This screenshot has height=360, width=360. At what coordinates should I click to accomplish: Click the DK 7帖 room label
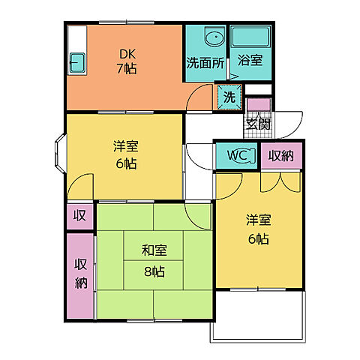[x=127, y=61]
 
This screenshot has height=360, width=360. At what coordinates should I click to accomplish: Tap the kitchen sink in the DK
[x=77, y=63]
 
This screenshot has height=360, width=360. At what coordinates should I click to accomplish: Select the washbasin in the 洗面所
[x=214, y=36]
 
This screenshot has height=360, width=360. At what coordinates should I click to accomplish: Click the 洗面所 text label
[x=205, y=63]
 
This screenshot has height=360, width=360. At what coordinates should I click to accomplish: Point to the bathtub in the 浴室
[x=250, y=37]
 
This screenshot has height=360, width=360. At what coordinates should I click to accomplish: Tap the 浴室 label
[x=250, y=60]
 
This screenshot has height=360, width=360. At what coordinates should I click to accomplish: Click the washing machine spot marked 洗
[x=229, y=97]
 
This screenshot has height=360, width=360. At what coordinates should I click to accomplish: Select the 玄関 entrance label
[x=258, y=124]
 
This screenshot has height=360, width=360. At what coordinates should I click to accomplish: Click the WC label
[x=237, y=155]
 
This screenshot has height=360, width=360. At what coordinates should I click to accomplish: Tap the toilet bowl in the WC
[x=246, y=155]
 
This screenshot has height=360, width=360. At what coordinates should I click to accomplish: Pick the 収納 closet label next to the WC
[x=281, y=156]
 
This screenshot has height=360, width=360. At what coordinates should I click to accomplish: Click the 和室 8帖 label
[x=154, y=261]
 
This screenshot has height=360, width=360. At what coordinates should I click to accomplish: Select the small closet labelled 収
[x=80, y=217]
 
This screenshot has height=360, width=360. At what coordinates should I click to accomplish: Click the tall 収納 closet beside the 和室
[x=80, y=276]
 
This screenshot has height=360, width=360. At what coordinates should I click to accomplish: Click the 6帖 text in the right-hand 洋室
[x=259, y=239]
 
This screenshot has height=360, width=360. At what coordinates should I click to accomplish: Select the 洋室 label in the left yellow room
[x=126, y=146]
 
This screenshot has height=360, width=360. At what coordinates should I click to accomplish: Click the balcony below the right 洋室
[x=258, y=316]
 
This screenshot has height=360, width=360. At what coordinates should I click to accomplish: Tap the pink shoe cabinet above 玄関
[x=259, y=105]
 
